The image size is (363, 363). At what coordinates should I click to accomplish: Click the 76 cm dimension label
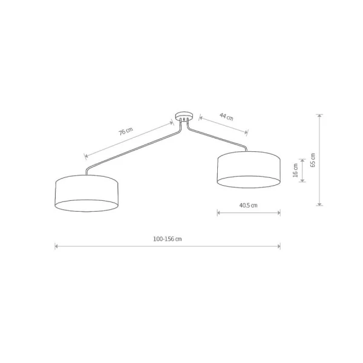(x=126, y=131)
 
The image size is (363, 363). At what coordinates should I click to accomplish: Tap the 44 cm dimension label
(x=226, y=116)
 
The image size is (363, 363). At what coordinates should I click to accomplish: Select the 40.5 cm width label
(x=248, y=205)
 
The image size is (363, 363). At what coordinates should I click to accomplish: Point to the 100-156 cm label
(x=168, y=239)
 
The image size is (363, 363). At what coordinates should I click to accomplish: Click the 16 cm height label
(x=295, y=170)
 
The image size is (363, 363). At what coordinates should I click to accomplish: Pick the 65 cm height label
(x=313, y=160)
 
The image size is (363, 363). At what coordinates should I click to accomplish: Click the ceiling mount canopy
(x=184, y=116)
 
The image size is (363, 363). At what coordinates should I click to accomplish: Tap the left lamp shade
(x=87, y=194)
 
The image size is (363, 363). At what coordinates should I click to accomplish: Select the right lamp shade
(x=249, y=169)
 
